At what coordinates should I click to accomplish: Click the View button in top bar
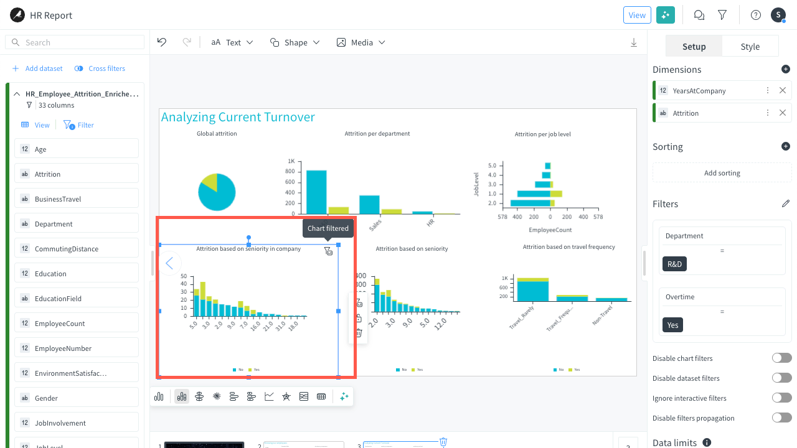(x=637, y=15)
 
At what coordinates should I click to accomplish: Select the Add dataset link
(x=37, y=68)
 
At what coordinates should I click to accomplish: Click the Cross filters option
(x=100, y=68)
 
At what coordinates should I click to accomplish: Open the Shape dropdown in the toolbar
(x=295, y=42)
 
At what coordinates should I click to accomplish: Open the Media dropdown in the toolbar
(x=361, y=42)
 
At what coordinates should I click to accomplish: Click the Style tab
(x=750, y=47)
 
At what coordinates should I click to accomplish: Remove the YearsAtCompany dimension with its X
(x=783, y=91)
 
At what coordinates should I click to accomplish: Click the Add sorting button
(x=722, y=173)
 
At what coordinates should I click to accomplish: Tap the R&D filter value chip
(x=674, y=264)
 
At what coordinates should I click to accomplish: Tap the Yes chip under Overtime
(x=672, y=325)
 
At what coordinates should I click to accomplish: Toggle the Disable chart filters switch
(x=781, y=358)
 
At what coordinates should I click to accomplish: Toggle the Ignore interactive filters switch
(x=781, y=398)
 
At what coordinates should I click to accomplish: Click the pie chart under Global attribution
(x=217, y=192)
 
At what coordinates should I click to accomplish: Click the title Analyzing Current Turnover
(x=238, y=117)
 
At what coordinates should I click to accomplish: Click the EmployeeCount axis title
(x=550, y=230)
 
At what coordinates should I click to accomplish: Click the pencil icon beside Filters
(x=786, y=204)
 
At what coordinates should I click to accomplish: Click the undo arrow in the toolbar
(x=162, y=42)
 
